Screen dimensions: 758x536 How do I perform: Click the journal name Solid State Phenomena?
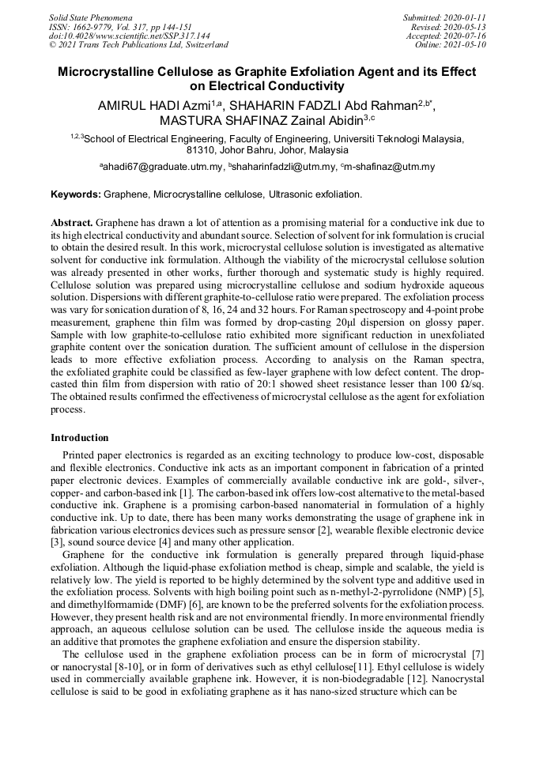click(90, 17)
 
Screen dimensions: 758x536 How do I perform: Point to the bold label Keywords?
click(76, 194)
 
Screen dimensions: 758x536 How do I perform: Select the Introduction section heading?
click(80, 438)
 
